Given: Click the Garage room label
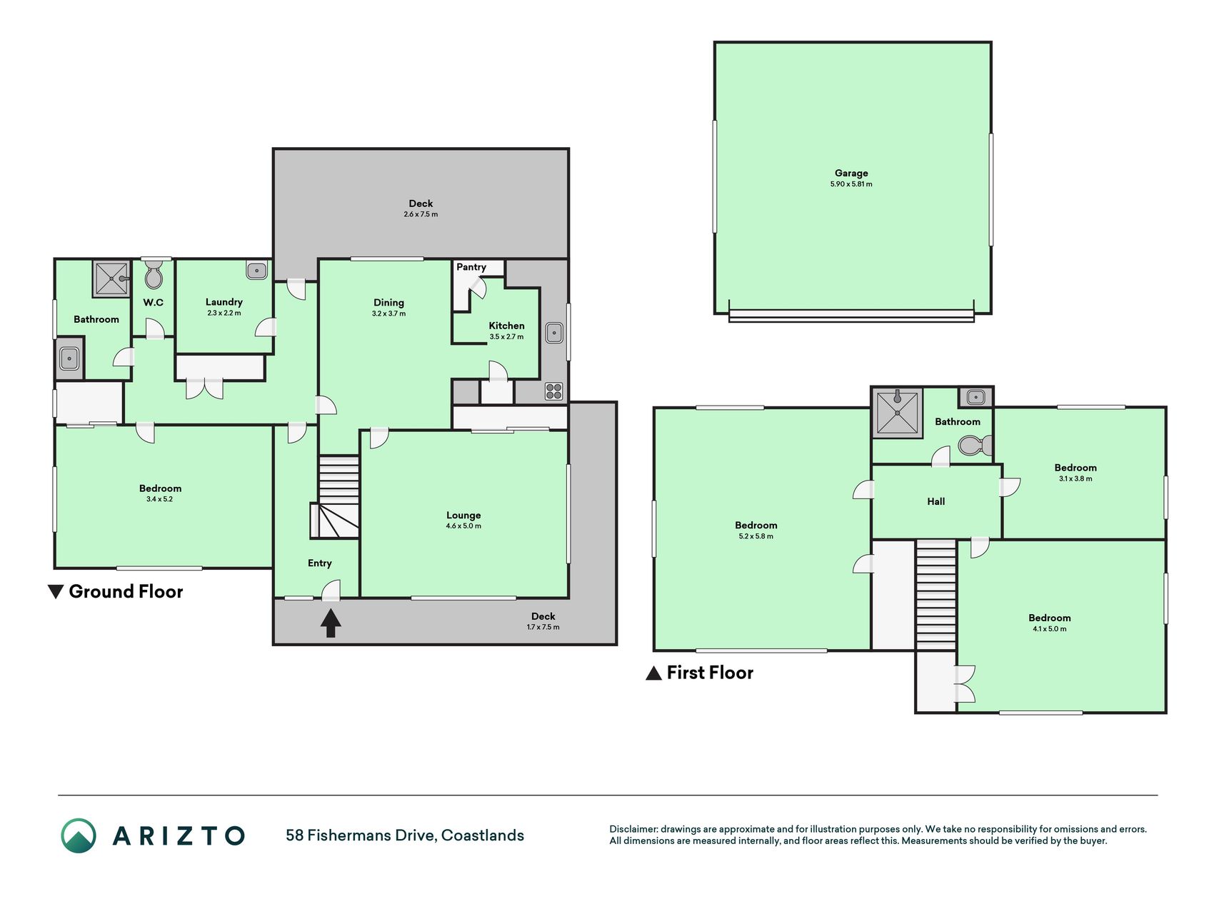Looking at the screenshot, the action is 851,173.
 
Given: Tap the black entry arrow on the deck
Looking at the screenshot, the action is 330,623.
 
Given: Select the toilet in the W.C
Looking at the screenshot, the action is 154,273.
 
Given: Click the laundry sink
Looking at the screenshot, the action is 256,271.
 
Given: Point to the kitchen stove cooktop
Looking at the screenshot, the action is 554,391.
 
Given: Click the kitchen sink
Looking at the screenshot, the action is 554,333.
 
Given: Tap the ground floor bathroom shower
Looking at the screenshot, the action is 111,278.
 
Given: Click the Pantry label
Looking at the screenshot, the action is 471,267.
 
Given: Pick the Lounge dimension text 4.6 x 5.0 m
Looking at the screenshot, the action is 463,526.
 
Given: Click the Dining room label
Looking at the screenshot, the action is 388,303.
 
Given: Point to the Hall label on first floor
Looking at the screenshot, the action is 935,501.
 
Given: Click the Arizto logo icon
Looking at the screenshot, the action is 78,835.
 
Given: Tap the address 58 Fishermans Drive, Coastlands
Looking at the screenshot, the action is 405,835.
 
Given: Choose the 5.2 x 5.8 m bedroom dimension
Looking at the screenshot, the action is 756,536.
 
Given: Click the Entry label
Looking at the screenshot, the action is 319,563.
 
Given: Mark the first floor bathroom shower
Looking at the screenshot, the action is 897,413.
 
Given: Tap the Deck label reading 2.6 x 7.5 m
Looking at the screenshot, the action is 421,214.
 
